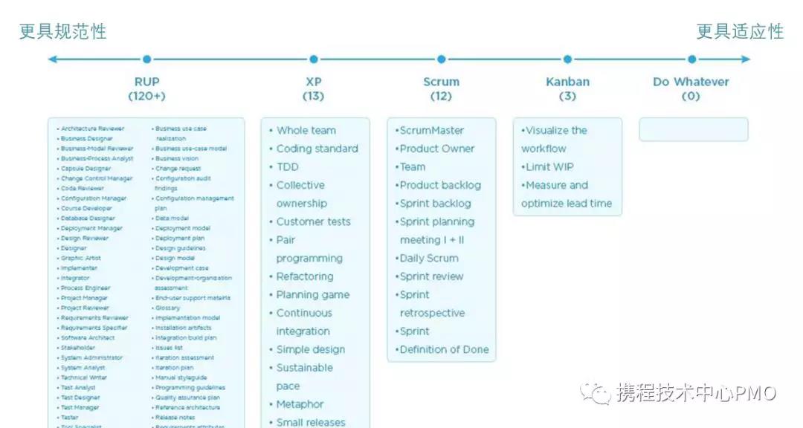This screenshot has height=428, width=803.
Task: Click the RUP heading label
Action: click(x=146, y=82)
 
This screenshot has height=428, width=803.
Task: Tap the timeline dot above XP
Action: click(x=314, y=59)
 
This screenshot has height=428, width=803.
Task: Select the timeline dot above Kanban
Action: click(x=567, y=59)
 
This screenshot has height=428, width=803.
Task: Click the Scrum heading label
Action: click(x=441, y=82)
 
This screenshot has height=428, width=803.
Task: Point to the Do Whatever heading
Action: click(x=691, y=82)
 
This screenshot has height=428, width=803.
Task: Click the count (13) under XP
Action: click(x=313, y=97)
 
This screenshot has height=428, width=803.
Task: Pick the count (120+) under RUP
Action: click(x=146, y=97)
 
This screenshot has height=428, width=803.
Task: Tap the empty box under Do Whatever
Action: click(x=693, y=129)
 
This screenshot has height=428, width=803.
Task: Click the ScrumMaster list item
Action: click(x=432, y=130)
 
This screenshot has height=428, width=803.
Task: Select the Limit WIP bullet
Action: click(x=549, y=166)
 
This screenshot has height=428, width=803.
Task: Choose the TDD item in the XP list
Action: click(x=287, y=166)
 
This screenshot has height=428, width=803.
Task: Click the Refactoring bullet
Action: click(x=305, y=276)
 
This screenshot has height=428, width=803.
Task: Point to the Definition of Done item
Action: click(x=444, y=349)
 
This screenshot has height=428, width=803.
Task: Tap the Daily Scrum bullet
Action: click(x=429, y=258)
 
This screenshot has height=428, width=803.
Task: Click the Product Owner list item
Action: click(x=437, y=149)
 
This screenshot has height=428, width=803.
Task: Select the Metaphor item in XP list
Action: click(x=300, y=404)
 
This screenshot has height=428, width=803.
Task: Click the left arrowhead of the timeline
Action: click(x=52, y=59)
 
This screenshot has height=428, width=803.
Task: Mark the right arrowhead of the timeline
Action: click(x=746, y=59)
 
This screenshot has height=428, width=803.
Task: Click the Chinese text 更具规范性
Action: click(x=63, y=31)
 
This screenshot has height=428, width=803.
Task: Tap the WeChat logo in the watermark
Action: click(x=597, y=392)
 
